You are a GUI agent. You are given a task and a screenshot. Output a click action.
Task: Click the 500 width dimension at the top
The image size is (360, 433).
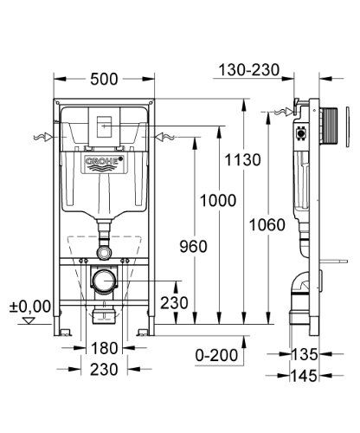pyautogui.click(x=104, y=79)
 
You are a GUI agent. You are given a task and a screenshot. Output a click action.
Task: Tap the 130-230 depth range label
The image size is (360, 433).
pyautogui.click(x=249, y=70)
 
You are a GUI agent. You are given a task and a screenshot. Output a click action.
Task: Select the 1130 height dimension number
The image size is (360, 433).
pyautogui.click(x=242, y=159)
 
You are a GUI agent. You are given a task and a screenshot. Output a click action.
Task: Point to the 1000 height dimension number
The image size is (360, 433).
pyautogui.click(x=218, y=200)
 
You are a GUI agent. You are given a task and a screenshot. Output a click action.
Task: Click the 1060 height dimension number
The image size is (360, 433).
pyautogui.click(x=267, y=224)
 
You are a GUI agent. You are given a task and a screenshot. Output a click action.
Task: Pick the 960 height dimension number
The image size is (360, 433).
pyautogui.click(x=193, y=247)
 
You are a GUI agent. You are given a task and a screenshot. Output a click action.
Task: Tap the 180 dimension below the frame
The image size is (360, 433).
pyautogui.click(x=104, y=348)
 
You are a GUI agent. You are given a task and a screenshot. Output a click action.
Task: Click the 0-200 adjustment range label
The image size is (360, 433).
pyautogui.click(x=216, y=355)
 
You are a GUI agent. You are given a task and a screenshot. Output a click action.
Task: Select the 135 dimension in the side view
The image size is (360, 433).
pyautogui.click(x=305, y=354)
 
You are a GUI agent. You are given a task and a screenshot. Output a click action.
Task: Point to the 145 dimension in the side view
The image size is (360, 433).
pyautogui.click(x=304, y=376)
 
